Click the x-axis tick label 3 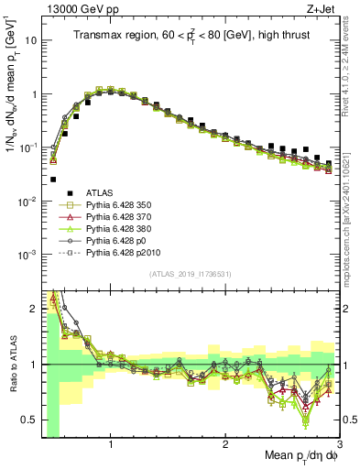[x=340, y=444]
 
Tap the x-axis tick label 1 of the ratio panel [x=111, y=444]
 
